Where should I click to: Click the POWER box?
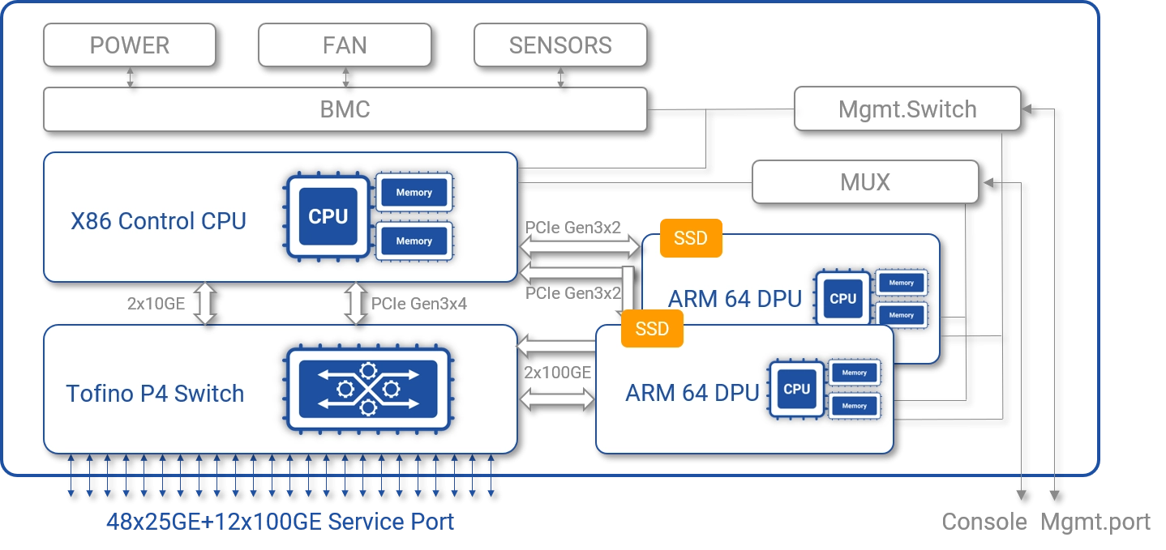click(x=130, y=45)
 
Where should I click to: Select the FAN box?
click(x=345, y=45)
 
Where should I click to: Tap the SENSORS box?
click(x=560, y=45)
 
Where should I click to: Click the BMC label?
click(x=345, y=109)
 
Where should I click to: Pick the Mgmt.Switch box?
click(x=907, y=109)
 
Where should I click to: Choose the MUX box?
click(x=865, y=182)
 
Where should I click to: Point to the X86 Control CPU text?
click(x=158, y=221)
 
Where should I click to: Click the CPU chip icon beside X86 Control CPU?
click(x=328, y=217)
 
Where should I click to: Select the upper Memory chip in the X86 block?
click(x=414, y=193)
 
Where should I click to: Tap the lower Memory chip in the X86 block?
click(x=414, y=241)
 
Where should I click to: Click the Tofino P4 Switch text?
click(x=155, y=394)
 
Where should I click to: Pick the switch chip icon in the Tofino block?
click(x=368, y=390)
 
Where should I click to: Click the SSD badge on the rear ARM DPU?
click(x=691, y=238)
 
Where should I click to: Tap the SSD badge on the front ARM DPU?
click(x=652, y=328)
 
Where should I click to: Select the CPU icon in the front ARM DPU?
click(x=797, y=390)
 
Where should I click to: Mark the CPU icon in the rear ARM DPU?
click(x=843, y=299)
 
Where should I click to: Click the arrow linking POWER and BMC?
click(x=130, y=77)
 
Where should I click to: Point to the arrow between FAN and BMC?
click(x=345, y=77)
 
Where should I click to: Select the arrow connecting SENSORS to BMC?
click(x=560, y=77)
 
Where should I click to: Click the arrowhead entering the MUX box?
click(x=987, y=183)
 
